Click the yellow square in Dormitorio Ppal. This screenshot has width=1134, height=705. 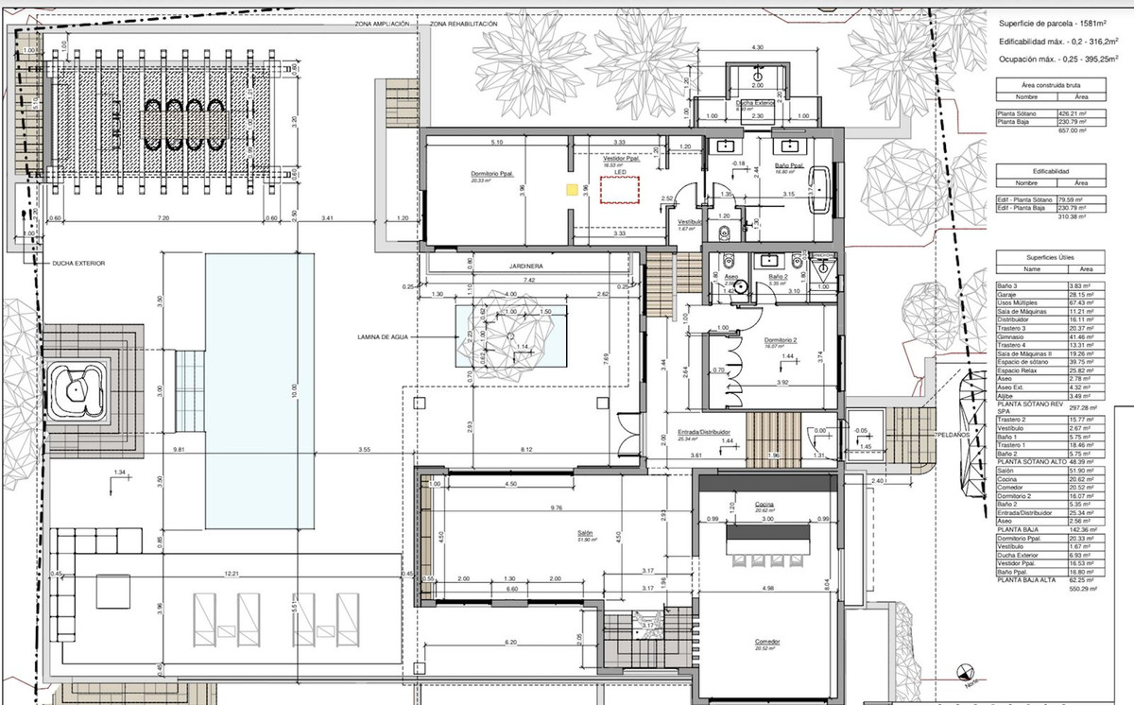(571, 189)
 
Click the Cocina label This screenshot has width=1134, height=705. (765, 506)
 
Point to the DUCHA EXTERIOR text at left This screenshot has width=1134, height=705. (79, 263)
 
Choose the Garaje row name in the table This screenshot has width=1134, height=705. (1015, 294)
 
